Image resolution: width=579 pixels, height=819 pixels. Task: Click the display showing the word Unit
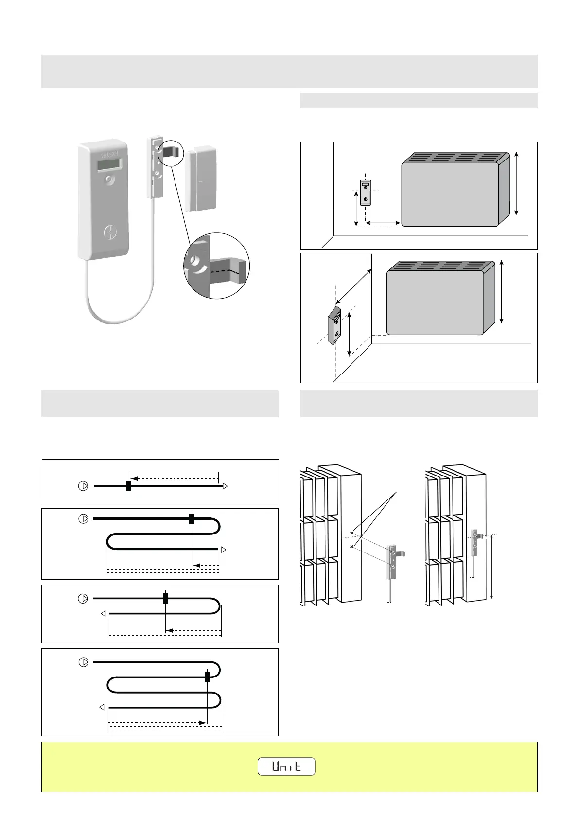pyautogui.click(x=286, y=766)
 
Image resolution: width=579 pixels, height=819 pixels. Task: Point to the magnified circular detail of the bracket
pyautogui.click(x=216, y=266)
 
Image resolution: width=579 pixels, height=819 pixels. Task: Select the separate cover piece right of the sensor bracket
pyautogui.click(x=199, y=180)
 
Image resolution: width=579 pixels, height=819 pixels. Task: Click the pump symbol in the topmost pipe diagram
pyautogui.click(x=83, y=486)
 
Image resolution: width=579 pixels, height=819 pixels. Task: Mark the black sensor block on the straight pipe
pyautogui.click(x=128, y=486)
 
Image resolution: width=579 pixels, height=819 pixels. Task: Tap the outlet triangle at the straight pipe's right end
pyautogui.click(x=225, y=486)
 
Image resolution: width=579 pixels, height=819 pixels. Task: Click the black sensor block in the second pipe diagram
pyautogui.click(x=192, y=519)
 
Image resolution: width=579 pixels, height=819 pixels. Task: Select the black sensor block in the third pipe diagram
pyautogui.click(x=165, y=598)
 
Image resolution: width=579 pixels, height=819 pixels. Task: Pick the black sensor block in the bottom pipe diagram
pyautogui.click(x=207, y=677)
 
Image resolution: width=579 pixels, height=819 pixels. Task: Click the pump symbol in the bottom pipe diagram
pyautogui.click(x=84, y=662)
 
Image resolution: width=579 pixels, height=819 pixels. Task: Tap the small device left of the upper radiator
pyautogui.click(x=366, y=193)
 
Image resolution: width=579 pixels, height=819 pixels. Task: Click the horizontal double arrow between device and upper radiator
pyautogui.click(x=383, y=223)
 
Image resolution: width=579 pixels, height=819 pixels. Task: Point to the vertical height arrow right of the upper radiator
pyautogui.click(x=516, y=183)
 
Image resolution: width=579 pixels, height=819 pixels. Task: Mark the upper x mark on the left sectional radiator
pyautogui.click(x=351, y=533)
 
